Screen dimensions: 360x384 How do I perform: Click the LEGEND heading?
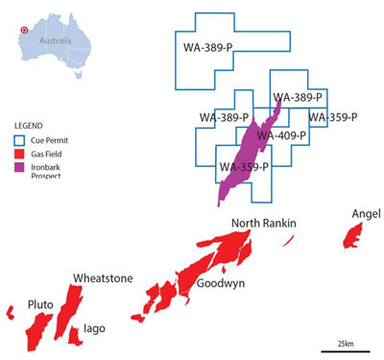pos(29,126)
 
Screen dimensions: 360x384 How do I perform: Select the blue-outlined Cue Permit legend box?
pos(20,138)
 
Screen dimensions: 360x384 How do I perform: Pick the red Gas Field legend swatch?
pos(20,152)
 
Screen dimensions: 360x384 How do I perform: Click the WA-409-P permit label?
pos(280,135)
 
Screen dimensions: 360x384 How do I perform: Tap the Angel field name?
pos(366,212)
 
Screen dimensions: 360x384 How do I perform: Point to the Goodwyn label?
pos(220,284)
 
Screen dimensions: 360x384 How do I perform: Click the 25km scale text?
pos(345,343)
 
